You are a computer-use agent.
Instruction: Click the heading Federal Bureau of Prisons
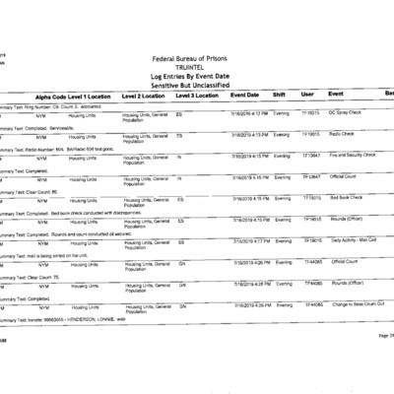click(196, 59)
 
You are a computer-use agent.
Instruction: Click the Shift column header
click(279, 95)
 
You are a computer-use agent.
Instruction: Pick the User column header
click(307, 95)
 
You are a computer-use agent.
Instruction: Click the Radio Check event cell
click(341, 133)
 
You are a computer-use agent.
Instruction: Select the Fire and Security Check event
click(352, 155)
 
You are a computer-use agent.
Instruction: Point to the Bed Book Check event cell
click(347, 198)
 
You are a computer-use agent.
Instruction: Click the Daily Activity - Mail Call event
click(353, 240)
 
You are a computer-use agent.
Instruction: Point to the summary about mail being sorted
click(49, 251)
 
